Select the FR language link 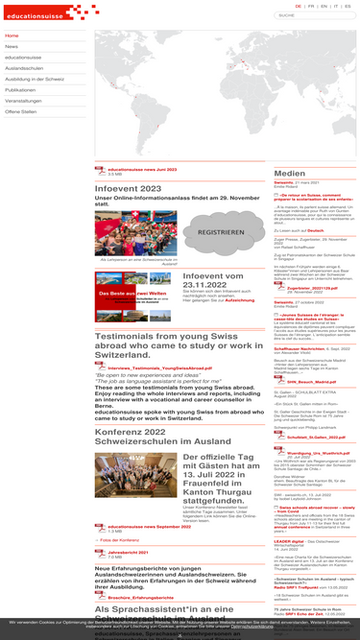click(x=311, y=6)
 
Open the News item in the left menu click(x=12, y=46)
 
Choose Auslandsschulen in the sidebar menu click(x=23, y=68)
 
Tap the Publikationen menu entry click(x=20, y=89)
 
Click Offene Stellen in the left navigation click(x=21, y=111)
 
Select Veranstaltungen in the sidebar click(x=23, y=101)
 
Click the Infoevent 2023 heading click(x=128, y=189)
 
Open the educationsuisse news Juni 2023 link click(x=144, y=169)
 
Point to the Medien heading click(x=290, y=174)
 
